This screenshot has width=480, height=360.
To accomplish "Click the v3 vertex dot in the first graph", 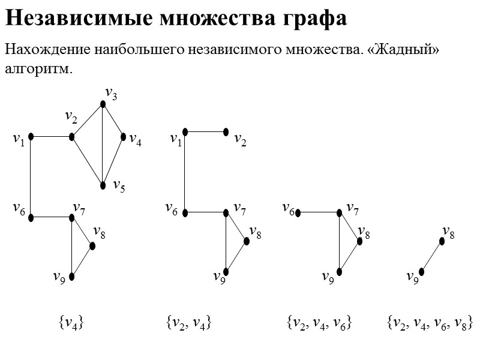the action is (x=103, y=104).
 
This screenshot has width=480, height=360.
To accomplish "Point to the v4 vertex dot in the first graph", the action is (x=124, y=137).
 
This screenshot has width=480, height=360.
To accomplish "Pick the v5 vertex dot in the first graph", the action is (x=103, y=184).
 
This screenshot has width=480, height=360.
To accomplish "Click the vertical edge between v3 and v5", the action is (x=103, y=144).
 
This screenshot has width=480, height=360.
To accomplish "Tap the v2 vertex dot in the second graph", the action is (x=226, y=131).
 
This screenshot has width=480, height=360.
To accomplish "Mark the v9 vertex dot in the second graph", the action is (x=226, y=271).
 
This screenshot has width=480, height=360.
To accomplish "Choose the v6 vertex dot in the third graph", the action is (x=298, y=212).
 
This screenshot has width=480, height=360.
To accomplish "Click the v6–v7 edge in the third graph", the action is (x=319, y=212).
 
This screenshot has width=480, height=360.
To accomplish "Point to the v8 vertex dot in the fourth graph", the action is (x=442, y=241).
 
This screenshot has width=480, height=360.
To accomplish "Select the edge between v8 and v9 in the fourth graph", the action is (x=431, y=257).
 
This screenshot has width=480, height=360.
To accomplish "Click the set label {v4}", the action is (x=70, y=323).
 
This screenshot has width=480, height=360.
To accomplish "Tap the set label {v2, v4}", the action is (x=188, y=323).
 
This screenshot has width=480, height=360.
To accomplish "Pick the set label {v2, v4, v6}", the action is (x=319, y=323).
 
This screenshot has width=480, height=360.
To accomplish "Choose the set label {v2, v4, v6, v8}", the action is (x=430, y=323).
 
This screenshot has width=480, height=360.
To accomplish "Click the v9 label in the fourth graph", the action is (x=412, y=278).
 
